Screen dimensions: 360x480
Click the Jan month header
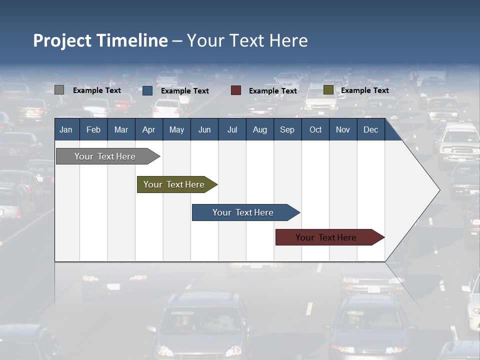[x=66, y=129]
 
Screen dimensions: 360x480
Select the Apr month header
[x=148, y=129]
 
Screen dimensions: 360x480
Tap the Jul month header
[x=232, y=129]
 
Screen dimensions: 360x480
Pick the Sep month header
[x=287, y=129]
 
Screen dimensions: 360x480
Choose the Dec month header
[x=370, y=129]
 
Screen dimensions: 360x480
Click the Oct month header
[x=315, y=129]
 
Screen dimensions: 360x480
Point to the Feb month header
[x=93, y=129]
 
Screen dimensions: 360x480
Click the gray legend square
[x=59, y=90]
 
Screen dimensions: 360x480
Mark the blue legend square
[x=147, y=90]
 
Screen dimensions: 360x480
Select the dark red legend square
[x=236, y=90]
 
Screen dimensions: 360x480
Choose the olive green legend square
[x=328, y=90]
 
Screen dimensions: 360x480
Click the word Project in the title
[x=62, y=40]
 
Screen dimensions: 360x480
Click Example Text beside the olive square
[x=364, y=90]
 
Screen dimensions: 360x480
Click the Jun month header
[x=204, y=129]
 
